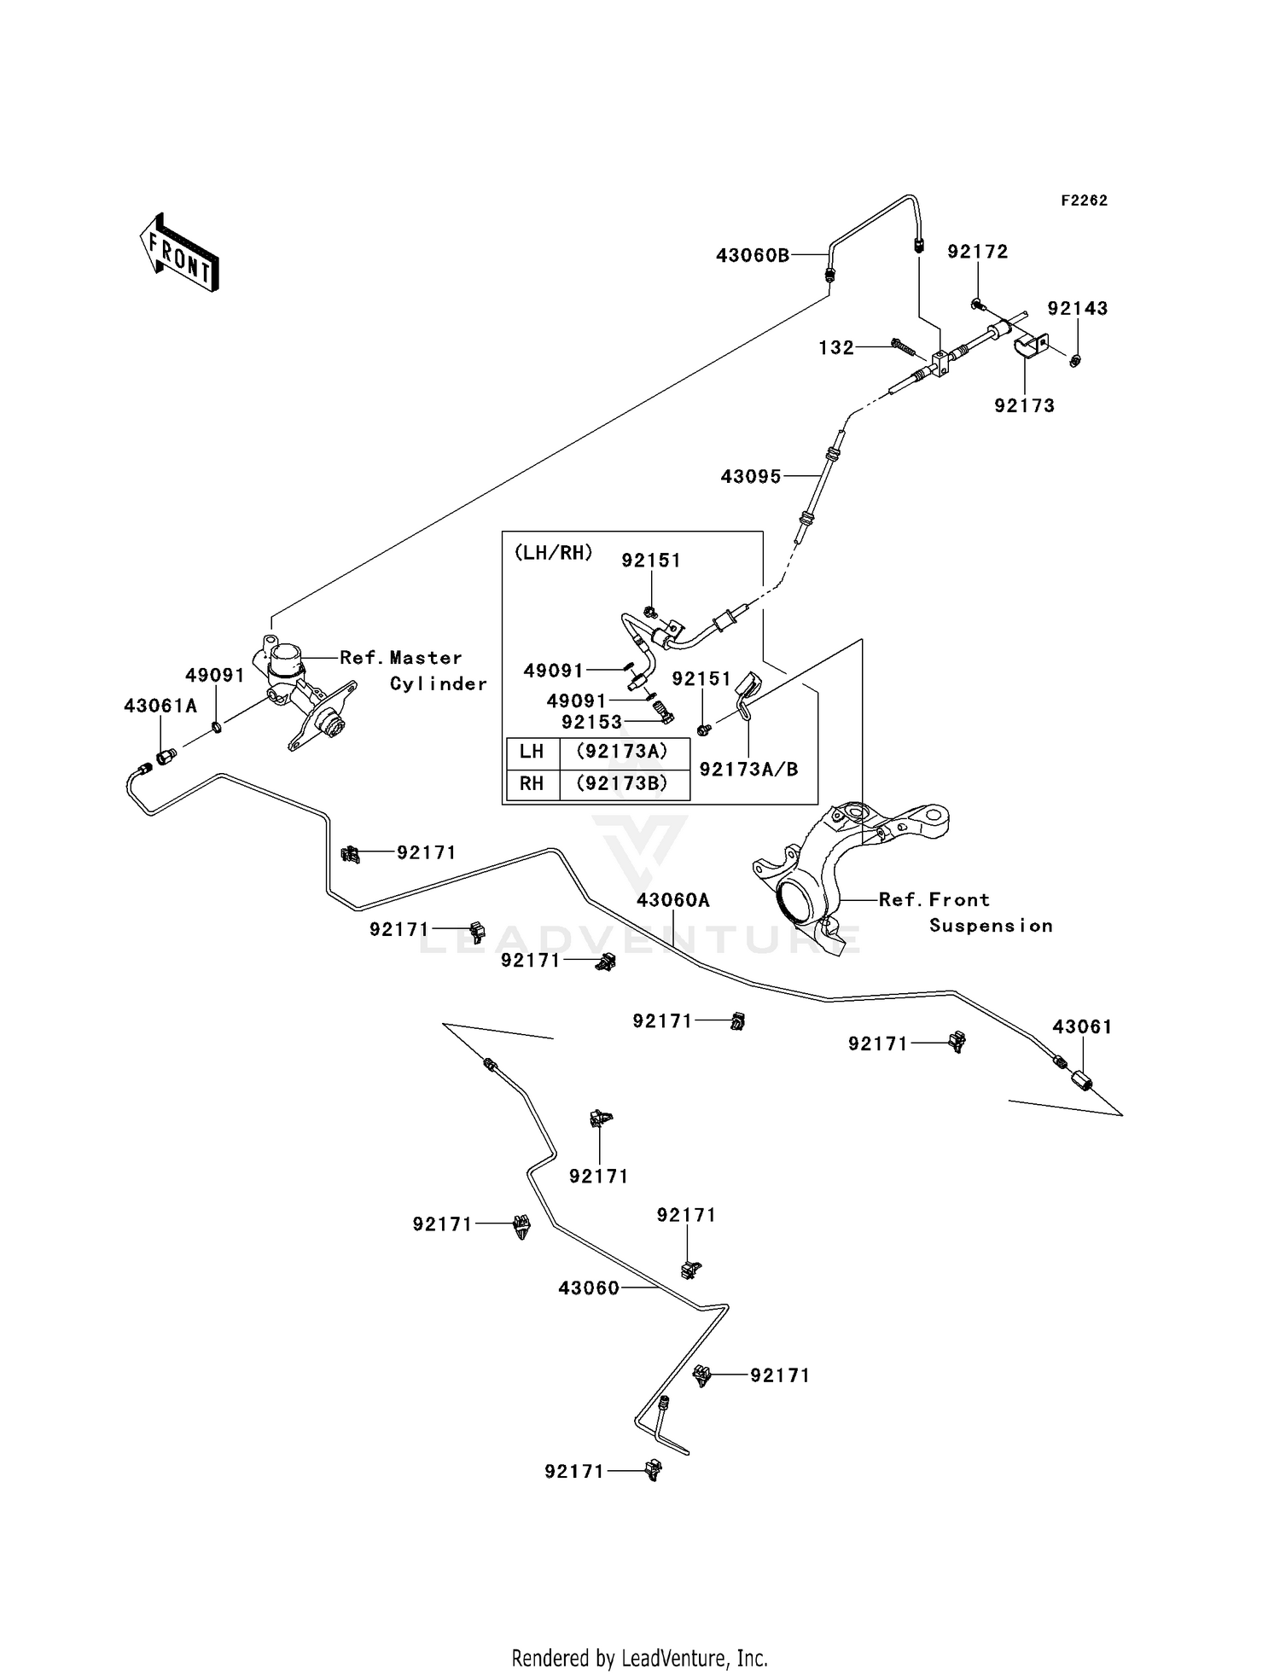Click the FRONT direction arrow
(180, 253)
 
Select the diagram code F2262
(1084, 201)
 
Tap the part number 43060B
(753, 255)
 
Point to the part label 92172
(978, 252)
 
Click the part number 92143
(1078, 308)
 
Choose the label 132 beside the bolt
(836, 347)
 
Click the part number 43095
(751, 477)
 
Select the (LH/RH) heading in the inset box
(553, 552)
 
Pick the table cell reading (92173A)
(622, 752)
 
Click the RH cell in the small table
(532, 783)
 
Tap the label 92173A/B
(748, 770)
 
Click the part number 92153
(592, 722)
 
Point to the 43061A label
(160, 706)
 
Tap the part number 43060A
(673, 900)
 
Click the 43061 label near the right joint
(1082, 1026)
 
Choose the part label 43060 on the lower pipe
(589, 1288)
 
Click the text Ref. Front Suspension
(964, 912)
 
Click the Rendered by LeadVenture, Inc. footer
(639, 1658)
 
